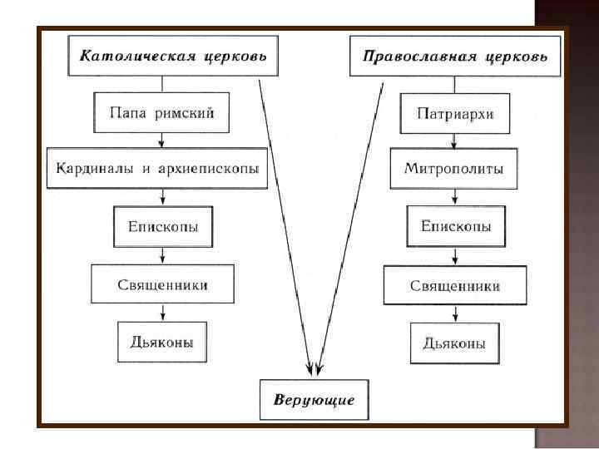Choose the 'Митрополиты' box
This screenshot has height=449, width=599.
click(x=453, y=169)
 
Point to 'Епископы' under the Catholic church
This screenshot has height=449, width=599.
click(x=163, y=225)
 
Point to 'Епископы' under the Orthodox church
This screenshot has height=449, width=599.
click(x=455, y=225)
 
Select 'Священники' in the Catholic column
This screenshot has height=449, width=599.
click(x=162, y=284)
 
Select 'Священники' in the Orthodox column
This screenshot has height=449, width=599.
click(x=454, y=285)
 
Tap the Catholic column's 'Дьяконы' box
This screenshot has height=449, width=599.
click(x=162, y=340)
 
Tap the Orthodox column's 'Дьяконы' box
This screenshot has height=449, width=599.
click(x=454, y=342)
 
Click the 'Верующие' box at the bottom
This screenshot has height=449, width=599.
click(x=314, y=400)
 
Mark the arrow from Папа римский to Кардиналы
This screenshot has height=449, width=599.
click(x=166, y=141)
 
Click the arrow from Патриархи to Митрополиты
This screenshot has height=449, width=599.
click(x=453, y=141)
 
